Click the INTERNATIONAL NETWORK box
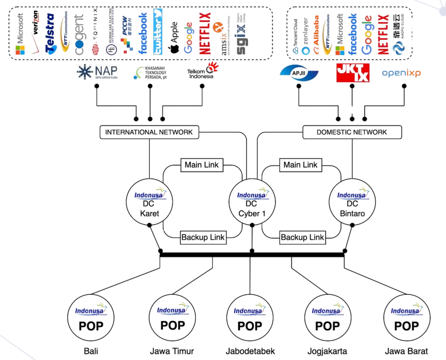[149, 132]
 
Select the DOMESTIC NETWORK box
[352, 132]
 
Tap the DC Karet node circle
[149, 202]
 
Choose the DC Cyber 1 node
[252, 202]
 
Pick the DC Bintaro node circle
[352, 202]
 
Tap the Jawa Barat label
[406, 352]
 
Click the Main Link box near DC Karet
[202, 165]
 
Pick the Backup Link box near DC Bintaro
[302, 238]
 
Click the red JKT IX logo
[352, 73]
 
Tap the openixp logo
[401, 73]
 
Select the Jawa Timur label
[172, 352]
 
